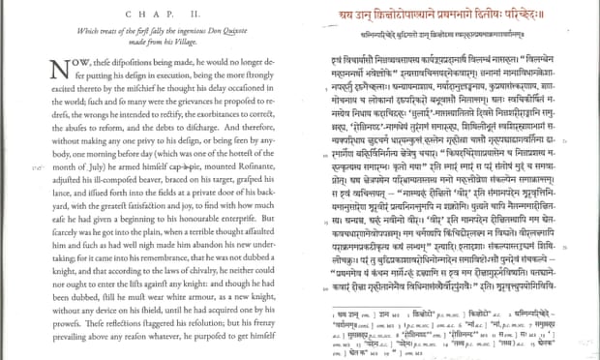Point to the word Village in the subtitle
pos(177,45)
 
